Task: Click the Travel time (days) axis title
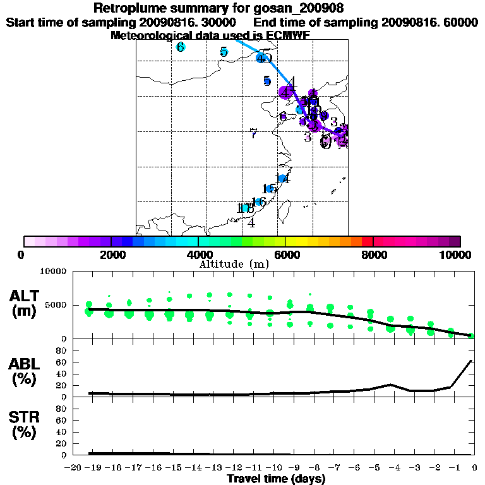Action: (276, 479)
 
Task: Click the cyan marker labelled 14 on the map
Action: (282, 179)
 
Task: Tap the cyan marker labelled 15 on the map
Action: (269, 189)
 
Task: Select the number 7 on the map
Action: (253, 133)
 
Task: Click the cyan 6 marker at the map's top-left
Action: (181, 47)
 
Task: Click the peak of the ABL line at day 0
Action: (471, 361)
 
